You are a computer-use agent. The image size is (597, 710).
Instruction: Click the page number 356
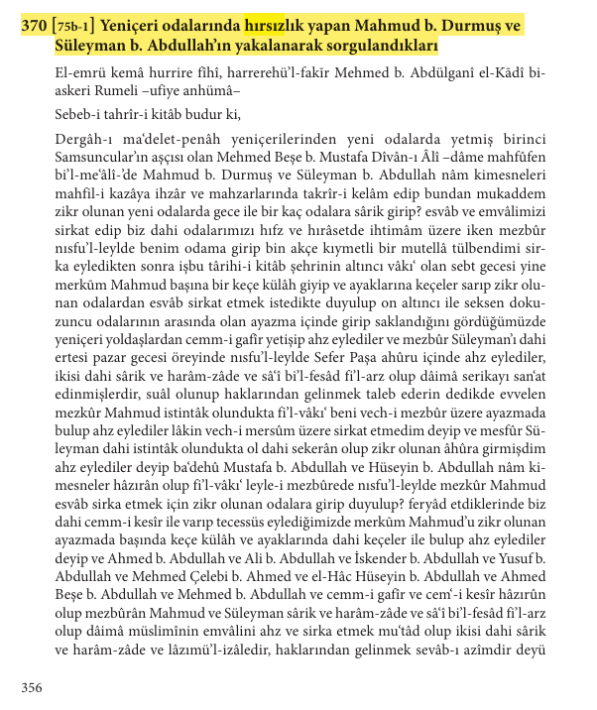32,686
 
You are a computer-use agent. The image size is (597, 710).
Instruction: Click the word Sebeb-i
81,115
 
